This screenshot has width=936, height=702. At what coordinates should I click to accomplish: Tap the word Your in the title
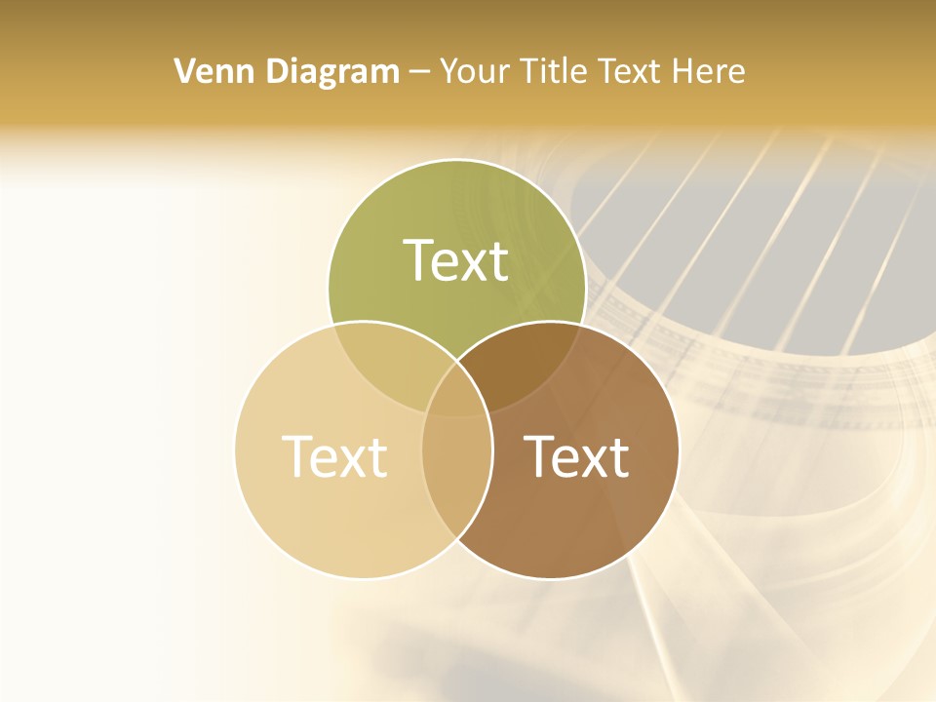click(x=475, y=71)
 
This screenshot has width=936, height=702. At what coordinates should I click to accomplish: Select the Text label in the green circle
click(x=456, y=260)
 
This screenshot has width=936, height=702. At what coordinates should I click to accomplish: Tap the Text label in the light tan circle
click(x=334, y=456)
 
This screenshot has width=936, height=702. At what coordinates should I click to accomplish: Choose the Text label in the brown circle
click(x=576, y=456)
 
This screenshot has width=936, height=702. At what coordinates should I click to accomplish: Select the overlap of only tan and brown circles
click(x=456, y=468)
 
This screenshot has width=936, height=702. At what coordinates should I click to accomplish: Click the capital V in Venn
click(x=185, y=71)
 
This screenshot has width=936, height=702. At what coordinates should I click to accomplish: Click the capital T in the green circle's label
click(x=418, y=260)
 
